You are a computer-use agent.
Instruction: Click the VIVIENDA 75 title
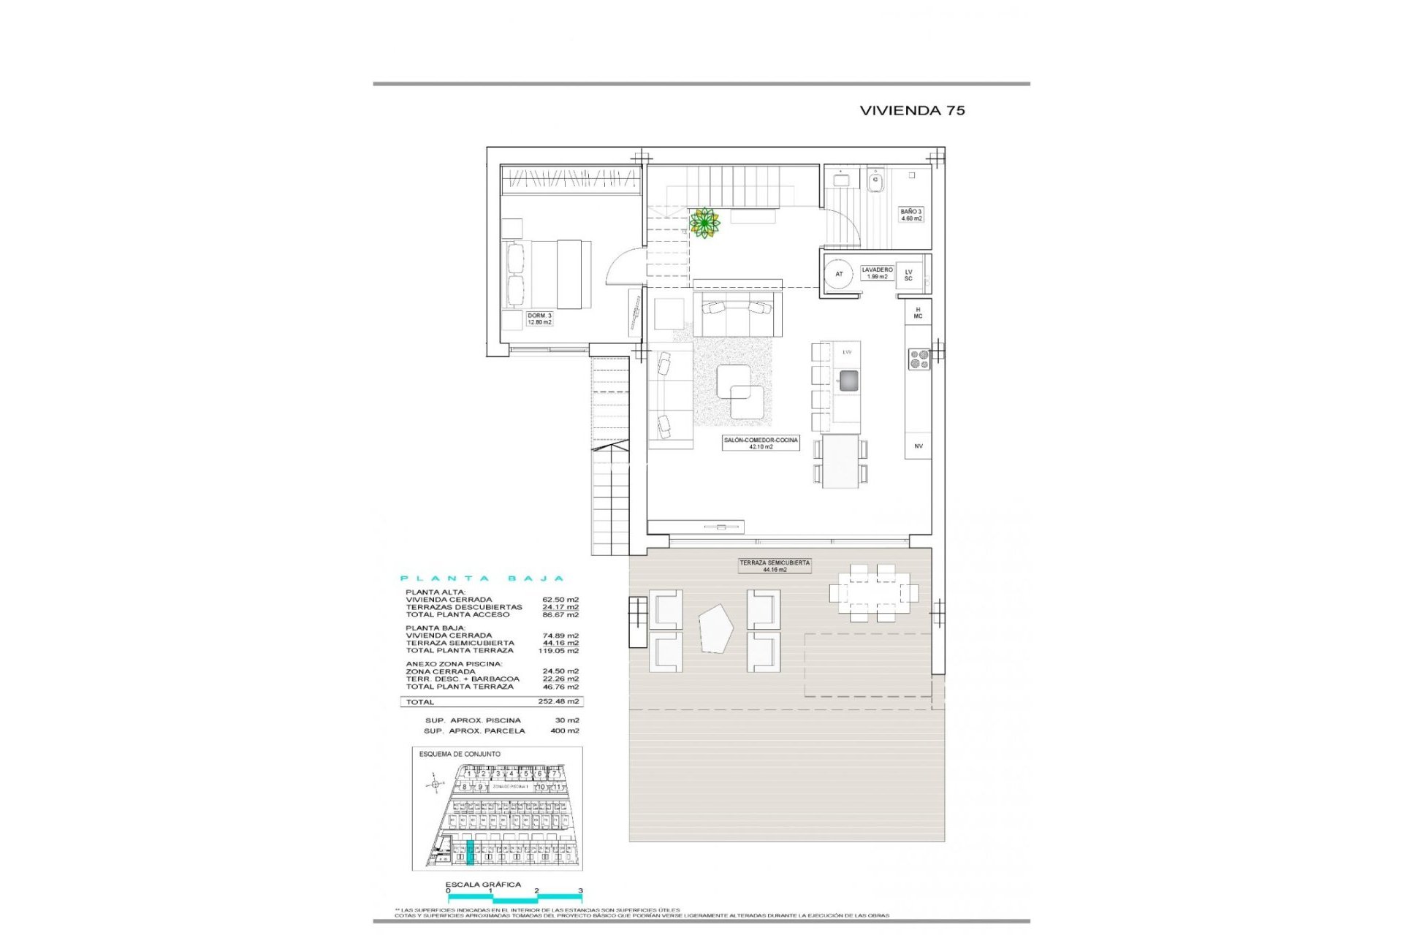912,110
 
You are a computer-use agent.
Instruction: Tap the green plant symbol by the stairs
704,223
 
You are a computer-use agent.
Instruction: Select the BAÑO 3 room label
910,215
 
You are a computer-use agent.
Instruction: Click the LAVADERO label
877,273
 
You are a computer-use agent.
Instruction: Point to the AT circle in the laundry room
839,274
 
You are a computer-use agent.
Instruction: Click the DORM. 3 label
539,318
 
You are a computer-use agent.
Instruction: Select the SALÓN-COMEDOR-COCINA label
761,443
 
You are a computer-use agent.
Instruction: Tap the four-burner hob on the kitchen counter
919,359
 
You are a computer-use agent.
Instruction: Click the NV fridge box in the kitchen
918,446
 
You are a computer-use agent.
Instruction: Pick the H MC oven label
918,313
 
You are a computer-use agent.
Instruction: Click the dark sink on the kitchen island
848,380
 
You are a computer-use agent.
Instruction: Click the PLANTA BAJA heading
482,579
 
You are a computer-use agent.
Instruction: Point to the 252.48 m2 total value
558,701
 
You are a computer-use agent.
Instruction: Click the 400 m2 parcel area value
565,730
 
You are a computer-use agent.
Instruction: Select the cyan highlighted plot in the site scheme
471,852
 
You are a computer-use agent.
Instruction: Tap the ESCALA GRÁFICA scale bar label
483,884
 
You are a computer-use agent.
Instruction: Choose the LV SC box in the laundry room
908,275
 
